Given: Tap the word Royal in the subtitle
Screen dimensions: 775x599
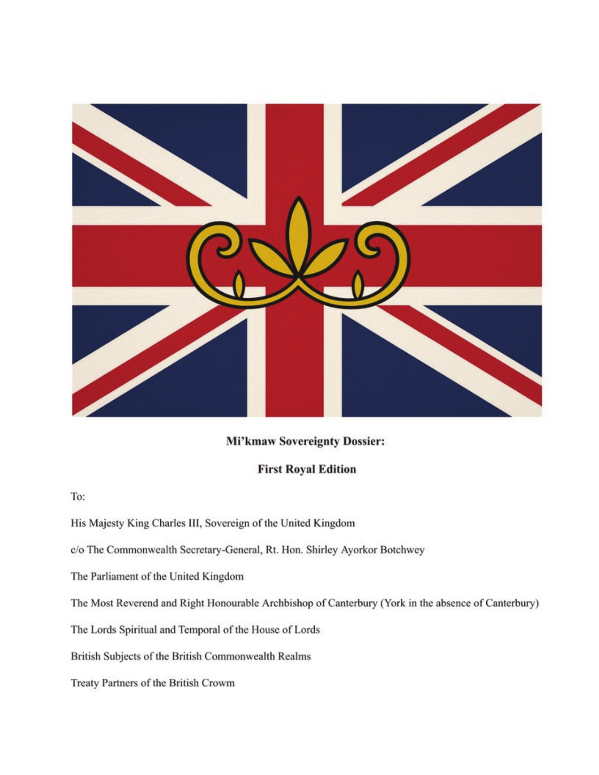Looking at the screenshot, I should click(299, 469).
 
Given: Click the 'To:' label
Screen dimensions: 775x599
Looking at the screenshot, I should click(78, 496).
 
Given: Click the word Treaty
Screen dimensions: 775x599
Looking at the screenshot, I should click(85, 683).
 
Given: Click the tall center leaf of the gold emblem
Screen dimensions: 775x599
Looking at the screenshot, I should click(298, 230).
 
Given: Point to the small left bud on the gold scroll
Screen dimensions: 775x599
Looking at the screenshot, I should click(239, 284).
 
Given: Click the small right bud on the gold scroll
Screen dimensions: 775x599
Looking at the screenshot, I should click(358, 284).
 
